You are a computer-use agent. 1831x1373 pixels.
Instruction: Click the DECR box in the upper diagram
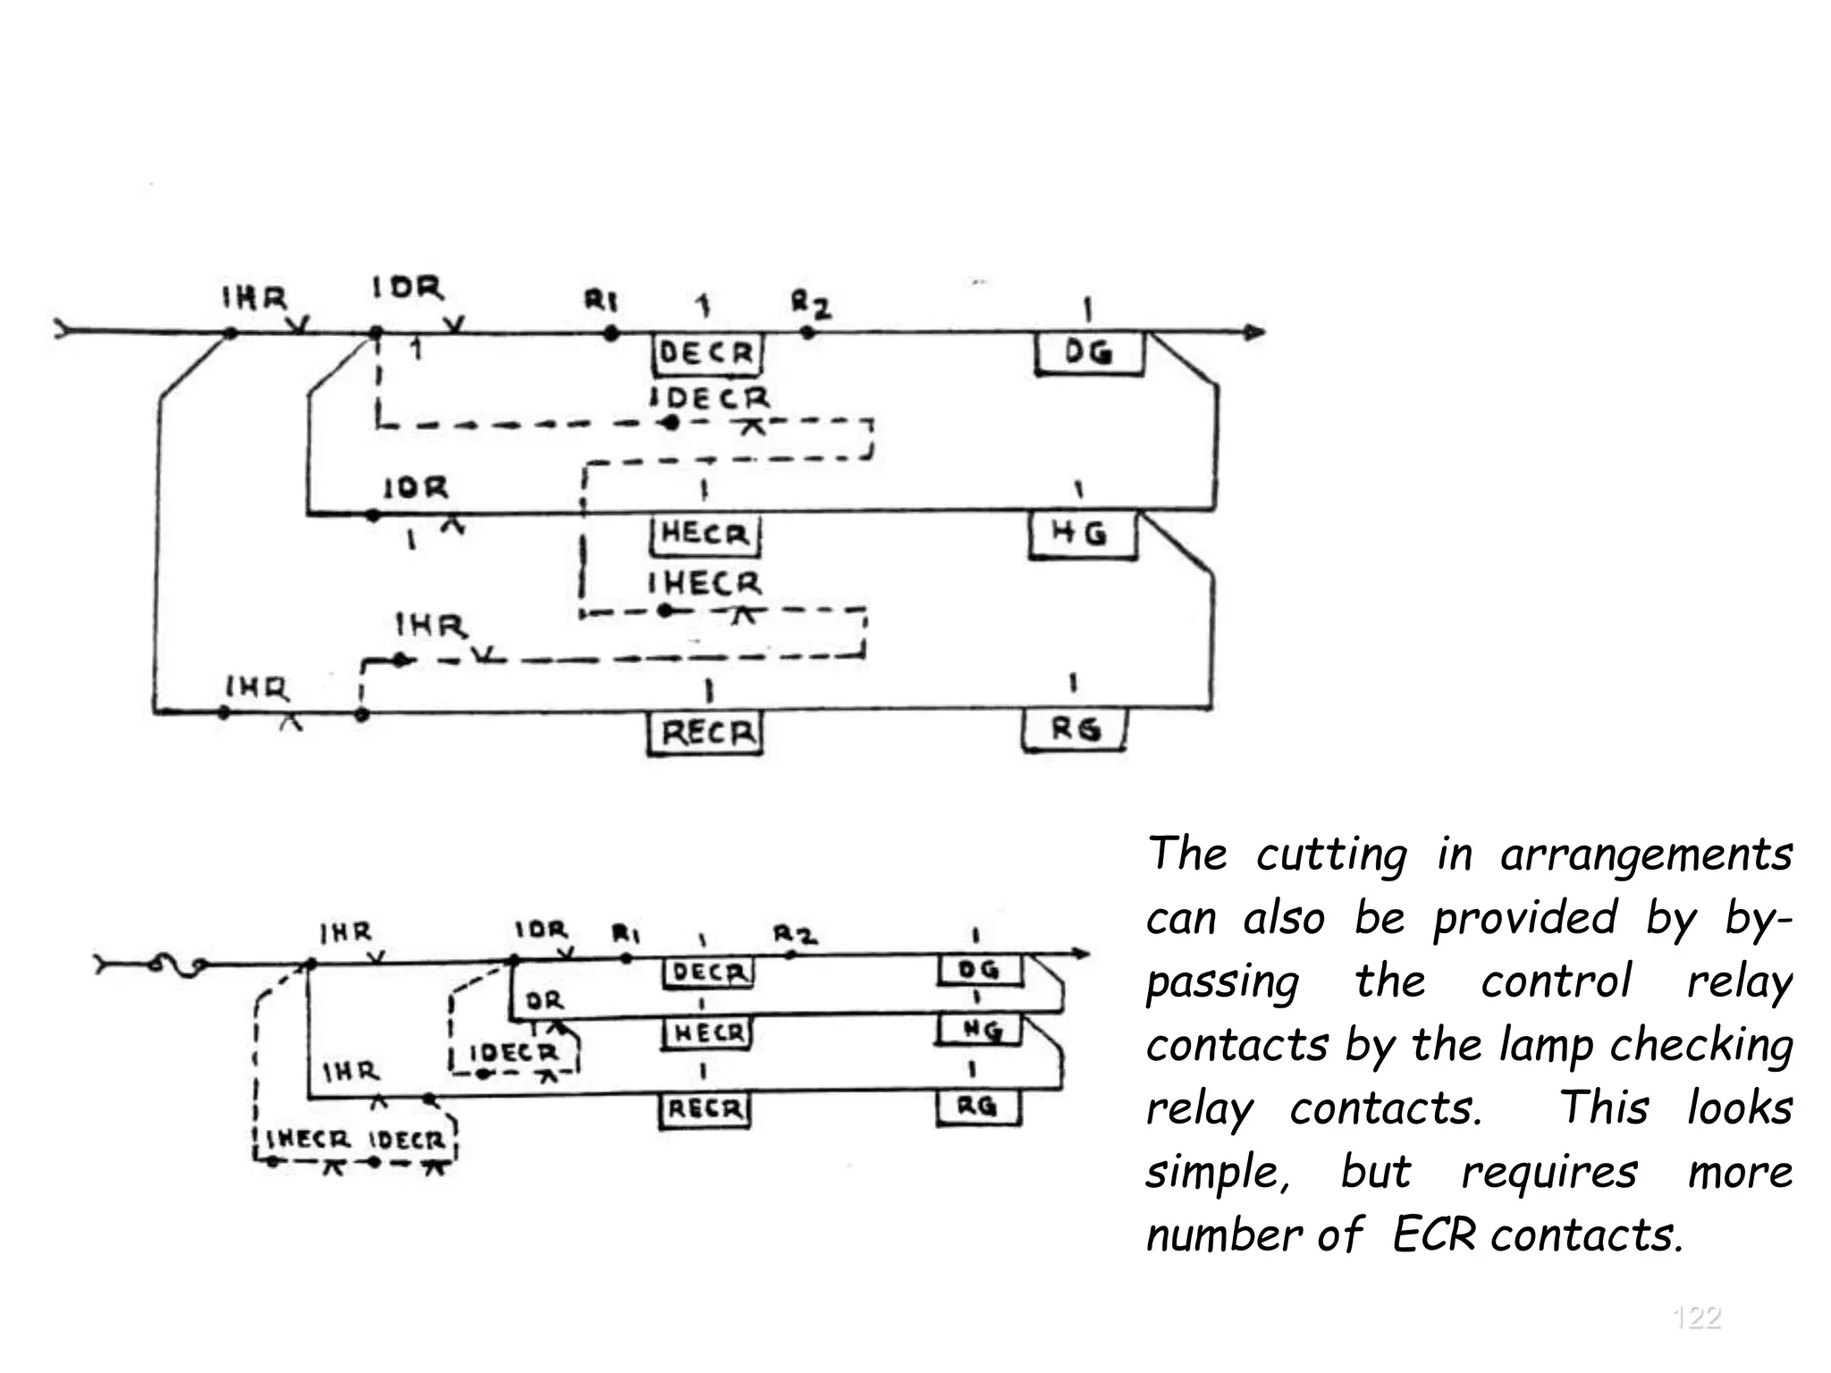coord(705,354)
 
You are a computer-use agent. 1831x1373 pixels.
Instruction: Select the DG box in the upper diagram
coord(1089,353)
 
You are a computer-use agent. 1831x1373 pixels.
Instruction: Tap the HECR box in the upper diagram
coord(705,535)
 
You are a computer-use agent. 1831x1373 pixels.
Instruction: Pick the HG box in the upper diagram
coord(1081,535)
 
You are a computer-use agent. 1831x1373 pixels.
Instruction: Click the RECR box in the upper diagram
coord(705,734)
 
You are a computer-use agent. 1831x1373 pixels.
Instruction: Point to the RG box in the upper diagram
coord(1075,730)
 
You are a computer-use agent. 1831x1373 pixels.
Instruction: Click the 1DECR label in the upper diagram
coord(710,398)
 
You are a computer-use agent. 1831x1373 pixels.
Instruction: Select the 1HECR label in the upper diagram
coord(705,584)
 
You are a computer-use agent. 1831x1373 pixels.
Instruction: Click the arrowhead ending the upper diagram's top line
coord(1254,333)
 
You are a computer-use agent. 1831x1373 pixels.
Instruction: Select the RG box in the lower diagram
coord(977,1108)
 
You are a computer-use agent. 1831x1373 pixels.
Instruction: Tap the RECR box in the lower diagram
coord(705,1109)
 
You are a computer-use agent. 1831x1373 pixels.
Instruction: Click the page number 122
coord(1696,1318)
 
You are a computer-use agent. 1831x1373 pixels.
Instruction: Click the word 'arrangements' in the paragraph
coord(1646,855)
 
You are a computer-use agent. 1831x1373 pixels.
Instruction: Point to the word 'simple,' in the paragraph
coord(1219,1172)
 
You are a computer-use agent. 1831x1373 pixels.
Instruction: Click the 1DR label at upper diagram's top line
coord(408,289)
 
